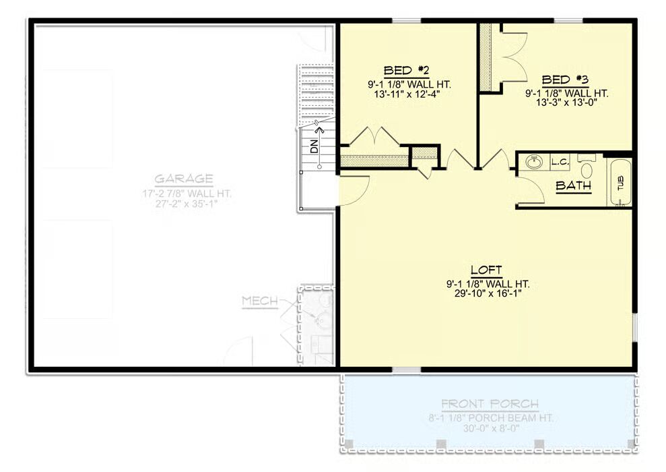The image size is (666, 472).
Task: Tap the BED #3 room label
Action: (x=565, y=80)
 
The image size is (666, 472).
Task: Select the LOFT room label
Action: (x=486, y=270)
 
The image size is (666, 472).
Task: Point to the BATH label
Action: (x=573, y=185)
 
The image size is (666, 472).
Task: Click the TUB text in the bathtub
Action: (x=621, y=183)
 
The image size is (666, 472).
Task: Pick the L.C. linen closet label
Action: (x=560, y=162)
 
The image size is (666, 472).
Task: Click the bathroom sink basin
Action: (x=533, y=162)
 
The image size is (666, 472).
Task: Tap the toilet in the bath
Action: (x=587, y=167)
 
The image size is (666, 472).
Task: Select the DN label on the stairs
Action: (x=314, y=146)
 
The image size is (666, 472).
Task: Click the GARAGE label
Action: (x=183, y=179)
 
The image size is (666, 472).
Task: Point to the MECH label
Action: (x=260, y=301)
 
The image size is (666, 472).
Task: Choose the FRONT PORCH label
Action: (x=490, y=403)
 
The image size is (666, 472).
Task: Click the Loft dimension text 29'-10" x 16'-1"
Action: (x=488, y=293)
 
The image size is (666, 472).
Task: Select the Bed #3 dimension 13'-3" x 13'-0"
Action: (x=567, y=102)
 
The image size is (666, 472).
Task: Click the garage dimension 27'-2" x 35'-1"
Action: (x=187, y=203)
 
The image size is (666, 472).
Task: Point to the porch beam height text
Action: (x=491, y=417)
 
